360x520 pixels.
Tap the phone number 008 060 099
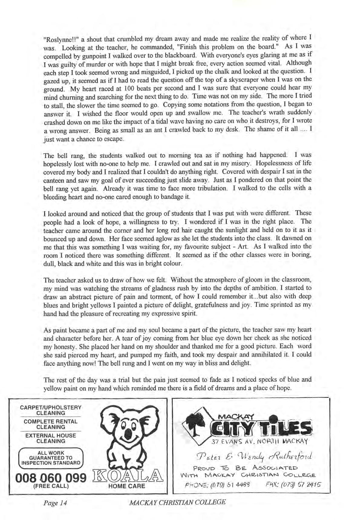50,478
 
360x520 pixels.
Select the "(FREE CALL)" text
51,486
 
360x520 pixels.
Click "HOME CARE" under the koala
126,486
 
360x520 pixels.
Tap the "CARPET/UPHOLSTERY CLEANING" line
51,410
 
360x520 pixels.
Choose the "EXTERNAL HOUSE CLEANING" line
51,438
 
